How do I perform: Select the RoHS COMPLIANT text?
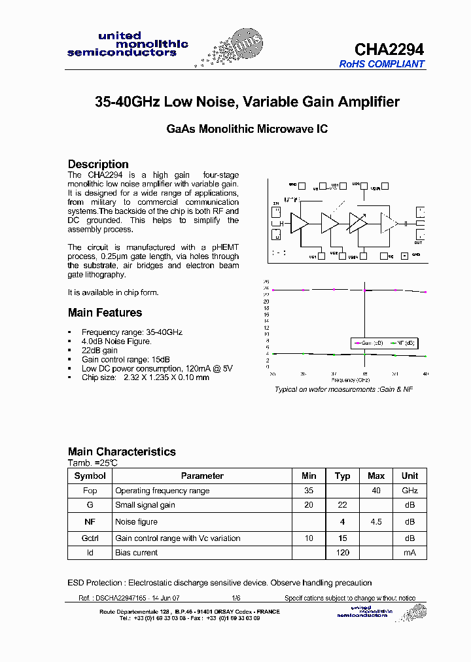coord(381,64)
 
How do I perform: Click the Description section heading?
coord(98,164)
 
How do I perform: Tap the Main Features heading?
coord(105,313)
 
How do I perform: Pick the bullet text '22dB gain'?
coord(99,351)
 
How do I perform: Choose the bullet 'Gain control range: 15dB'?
coord(126,360)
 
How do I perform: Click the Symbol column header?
coord(90,476)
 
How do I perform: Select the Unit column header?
coord(410,476)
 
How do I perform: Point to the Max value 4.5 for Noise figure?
coord(376,522)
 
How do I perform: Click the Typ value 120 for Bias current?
coord(343,553)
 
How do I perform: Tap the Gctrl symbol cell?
coord(90,538)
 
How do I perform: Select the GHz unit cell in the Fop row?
coord(410,491)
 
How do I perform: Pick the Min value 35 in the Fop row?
coord(309,491)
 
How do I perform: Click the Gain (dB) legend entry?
coord(368,343)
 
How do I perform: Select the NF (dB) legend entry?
coord(402,343)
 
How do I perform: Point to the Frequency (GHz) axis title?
coord(350,379)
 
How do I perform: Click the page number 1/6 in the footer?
coord(236,598)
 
